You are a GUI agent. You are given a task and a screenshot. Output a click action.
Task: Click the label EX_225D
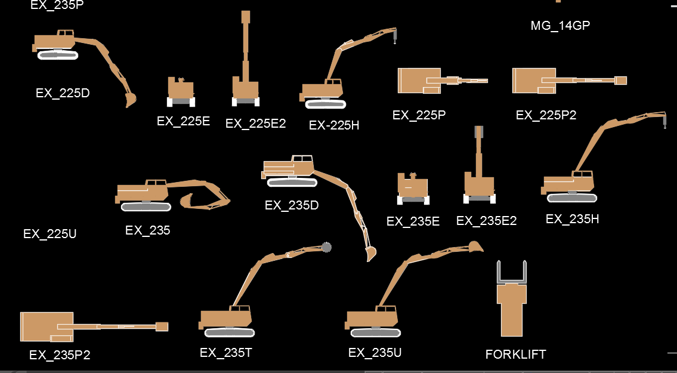tap(63, 93)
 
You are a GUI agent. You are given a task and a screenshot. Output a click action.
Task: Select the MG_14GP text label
tap(560, 26)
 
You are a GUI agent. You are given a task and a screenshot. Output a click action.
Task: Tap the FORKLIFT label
tap(515, 354)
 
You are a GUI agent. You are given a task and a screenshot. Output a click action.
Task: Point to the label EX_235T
tap(226, 353)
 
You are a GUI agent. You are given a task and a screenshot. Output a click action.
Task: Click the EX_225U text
tap(50, 234)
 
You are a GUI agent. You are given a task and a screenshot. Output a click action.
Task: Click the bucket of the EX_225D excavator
tap(131, 99)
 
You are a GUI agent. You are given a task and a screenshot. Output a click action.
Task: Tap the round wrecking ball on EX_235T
tap(326, 247)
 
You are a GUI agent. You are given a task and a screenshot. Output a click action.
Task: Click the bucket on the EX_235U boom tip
tap(475, 246)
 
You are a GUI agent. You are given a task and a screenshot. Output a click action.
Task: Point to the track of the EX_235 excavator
tap(146, 206)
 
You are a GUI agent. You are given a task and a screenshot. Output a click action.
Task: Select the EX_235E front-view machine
tap(413, 188)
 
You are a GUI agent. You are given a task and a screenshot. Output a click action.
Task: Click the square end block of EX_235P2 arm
tap(162, 326)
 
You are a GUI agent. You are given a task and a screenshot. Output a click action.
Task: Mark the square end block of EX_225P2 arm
tap(621, 80)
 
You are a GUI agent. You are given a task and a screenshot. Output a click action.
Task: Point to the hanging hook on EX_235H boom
tap(663, 124)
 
